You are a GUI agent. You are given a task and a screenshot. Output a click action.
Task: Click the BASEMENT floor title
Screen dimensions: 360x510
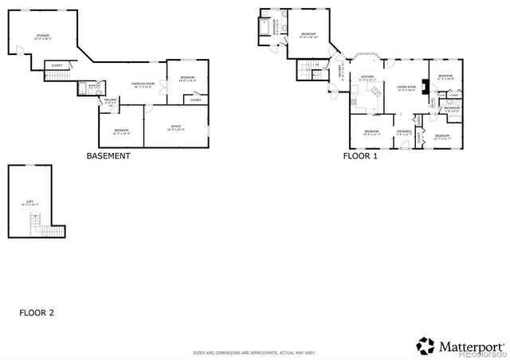[108, 156]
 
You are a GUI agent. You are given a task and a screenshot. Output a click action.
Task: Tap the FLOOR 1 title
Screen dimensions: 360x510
[360, 156]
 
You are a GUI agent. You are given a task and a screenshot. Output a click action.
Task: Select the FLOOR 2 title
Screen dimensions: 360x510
[37, 312]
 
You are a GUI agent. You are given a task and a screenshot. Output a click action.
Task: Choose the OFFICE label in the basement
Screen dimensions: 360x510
[176, 126]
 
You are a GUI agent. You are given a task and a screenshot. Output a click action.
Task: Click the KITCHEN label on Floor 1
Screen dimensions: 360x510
[367, 78]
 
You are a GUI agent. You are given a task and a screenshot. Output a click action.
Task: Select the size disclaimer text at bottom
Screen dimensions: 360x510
[254, 351]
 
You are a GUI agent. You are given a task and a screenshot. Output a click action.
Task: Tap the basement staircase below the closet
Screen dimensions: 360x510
[53, 75]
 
